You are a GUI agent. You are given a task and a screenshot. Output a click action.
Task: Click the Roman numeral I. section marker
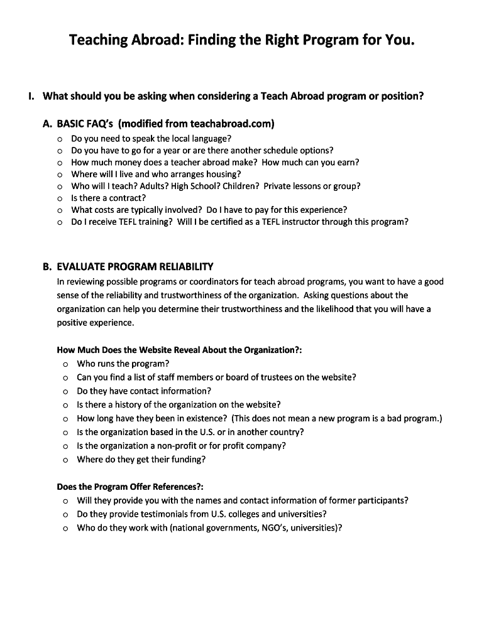(31, 97)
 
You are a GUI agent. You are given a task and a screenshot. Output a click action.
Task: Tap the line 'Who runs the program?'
(123, 364)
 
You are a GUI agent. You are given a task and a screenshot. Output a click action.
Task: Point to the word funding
(186, 460)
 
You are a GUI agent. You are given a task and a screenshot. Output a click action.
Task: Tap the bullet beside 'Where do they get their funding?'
(65, 460)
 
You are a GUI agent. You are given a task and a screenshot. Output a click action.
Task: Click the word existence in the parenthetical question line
(206, 418)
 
